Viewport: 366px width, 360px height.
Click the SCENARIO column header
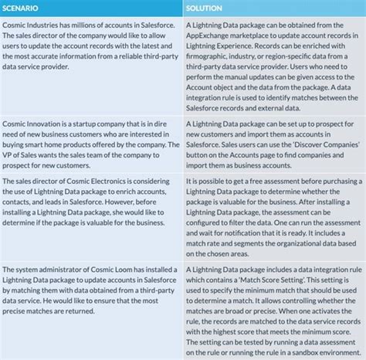[24, 8]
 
